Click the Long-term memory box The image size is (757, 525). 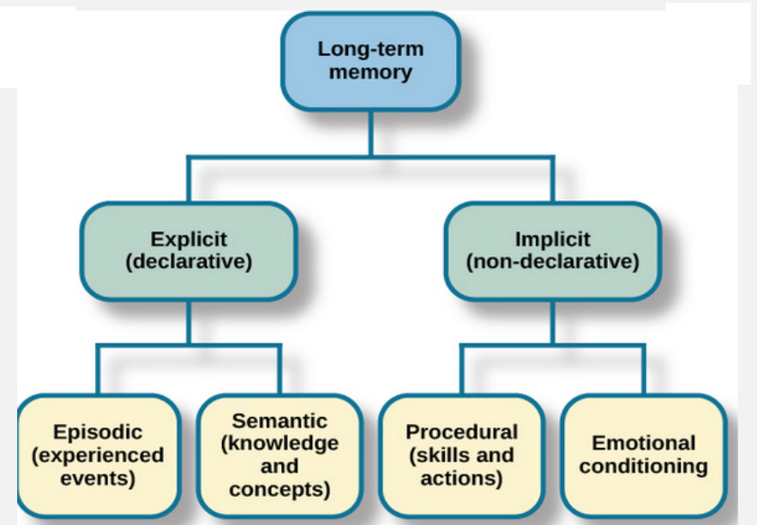pyautogui.click(x=370, y=62)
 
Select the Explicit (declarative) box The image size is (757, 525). pyautogui.click(x=189, y=252)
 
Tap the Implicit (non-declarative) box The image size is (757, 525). pyautogui.click(x=553, y=252)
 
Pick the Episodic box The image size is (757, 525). pyautogui.click(x=98, y=456)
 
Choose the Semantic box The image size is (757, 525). pyautogui.click(x=280, y=456)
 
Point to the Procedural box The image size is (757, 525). pyautogui.click(x=462, y=456)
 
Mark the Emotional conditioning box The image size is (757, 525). pyautogui.click(x=644, y=456)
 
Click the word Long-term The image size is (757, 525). pyautogui.click(x=370, y=49)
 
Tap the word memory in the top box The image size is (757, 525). pyautogui.click(x=370, y=73)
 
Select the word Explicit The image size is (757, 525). pyautogui.click(x=189, y=239)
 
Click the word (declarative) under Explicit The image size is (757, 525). pyautogui.click(x=189, y=262)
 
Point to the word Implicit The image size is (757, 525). pyautogui.click(x=553, y=239)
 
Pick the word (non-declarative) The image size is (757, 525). pyautogui.click(x=553, y=262)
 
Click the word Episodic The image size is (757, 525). pyautogui.click(x=98, y=433)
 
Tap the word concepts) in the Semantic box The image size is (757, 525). pyautogui.click(x=280, y=489)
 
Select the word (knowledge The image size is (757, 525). pyautogui.click(x=280, y=444)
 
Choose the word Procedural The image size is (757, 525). pyautogui.click(x=462, y=432)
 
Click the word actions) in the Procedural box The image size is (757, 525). pyautogui.click(x=462, y=478)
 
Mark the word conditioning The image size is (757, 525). pyautogui.click(x=644, y=467)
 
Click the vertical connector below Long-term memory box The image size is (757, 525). pyautogui.click(x=370, y=134)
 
